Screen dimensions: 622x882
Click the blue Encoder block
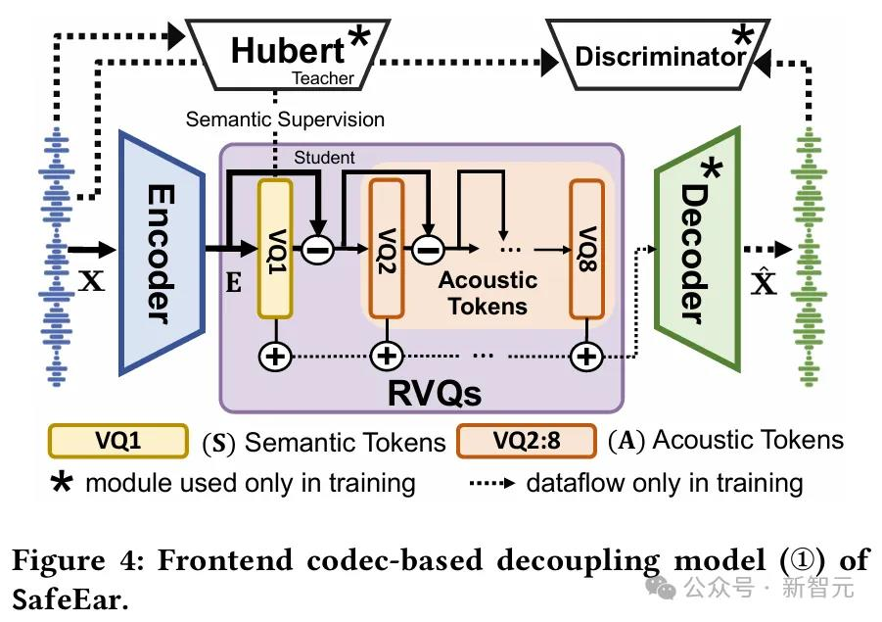[161, 251]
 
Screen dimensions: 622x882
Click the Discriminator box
[659, 56]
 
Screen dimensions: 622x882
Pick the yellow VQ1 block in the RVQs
[275, 249]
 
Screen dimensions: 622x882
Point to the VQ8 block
[587, 249]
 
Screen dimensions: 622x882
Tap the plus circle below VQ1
[275, 357]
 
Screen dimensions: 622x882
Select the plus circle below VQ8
[587, 357]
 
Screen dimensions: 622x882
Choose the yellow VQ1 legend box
[117, 441]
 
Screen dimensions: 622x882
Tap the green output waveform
[811, 264]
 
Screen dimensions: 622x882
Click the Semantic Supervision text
[285, 120]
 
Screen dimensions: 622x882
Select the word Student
[324, 157]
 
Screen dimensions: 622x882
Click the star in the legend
[60, 483]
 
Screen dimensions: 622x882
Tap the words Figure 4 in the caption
[72, 560]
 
